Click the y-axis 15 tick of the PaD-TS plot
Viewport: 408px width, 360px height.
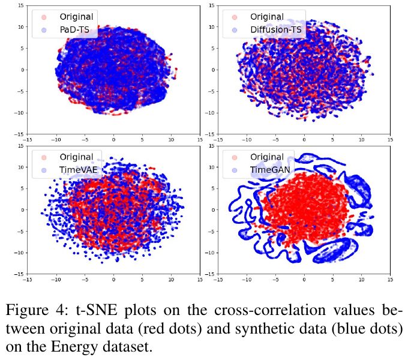click(x=20, y=5)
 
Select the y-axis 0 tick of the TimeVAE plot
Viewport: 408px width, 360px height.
click(x=22, y=210)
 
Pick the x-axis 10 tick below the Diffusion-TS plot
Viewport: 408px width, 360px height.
click(x=361, y=139)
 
